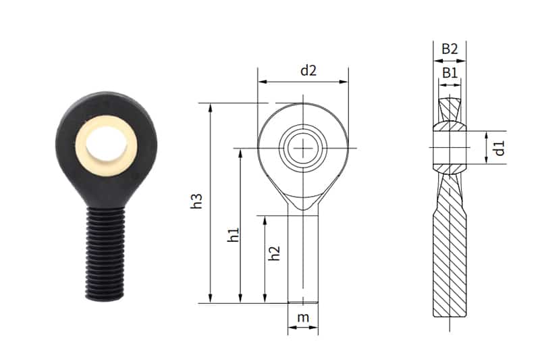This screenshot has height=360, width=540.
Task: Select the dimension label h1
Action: click(234, 235)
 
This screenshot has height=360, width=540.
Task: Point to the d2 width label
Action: click(308, 70)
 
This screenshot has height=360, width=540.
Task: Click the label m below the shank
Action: click(303, 317)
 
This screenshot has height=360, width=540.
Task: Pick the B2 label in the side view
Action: click(450, 49)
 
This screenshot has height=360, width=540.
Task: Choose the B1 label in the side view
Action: click(450, 72)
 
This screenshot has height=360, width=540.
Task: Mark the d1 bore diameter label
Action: click(500, 147)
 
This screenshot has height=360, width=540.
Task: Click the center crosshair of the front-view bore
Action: click(304, 148)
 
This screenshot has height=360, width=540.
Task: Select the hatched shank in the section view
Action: click(449, 263)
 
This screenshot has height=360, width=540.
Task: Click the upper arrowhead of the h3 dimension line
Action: click(211, 107)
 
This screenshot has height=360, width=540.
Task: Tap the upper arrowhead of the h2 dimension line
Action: click(265, 219)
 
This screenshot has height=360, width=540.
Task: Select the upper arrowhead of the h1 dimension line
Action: click(240, 152)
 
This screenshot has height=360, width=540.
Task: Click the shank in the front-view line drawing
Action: click(304, 257)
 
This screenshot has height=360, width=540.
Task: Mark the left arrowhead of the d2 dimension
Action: click(261, 82)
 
